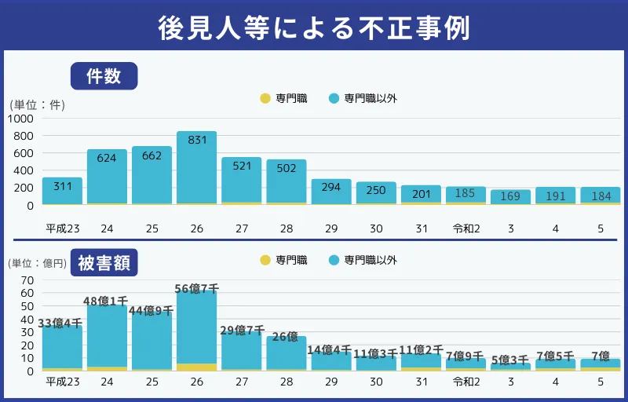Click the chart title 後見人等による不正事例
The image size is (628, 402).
[x=314, y=26]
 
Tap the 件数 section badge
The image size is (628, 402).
[x=104, y=76]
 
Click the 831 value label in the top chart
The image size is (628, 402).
[x=197, y=140]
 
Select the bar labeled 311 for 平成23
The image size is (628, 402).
[x=62, y=191]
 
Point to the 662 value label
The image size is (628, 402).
[x=152, y=155]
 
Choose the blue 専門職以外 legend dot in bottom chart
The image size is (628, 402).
[x=334, y=260]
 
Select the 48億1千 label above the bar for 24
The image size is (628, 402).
[x=107, y=301]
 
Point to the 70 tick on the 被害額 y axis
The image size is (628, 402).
[x=27, y=280]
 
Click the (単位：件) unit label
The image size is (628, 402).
[x=37, y=104]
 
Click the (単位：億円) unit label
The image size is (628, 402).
[x=37, y=263]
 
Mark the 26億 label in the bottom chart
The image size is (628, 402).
[x=287, y=338]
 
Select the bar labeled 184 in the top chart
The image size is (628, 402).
[x=601, y=196]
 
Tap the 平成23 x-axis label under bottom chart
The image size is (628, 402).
[x=62, y=382]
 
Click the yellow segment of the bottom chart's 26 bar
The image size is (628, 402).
[x=197, y=367]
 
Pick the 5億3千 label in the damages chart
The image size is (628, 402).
[x=511, y=360]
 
